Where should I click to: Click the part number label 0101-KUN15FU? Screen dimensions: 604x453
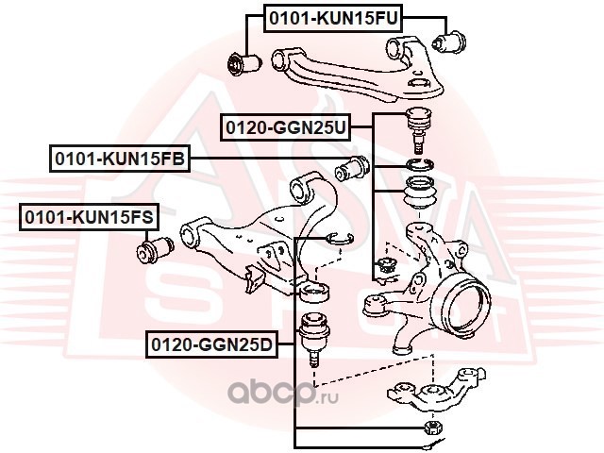click(333, 19)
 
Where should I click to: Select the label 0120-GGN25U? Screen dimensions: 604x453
click(286, 127)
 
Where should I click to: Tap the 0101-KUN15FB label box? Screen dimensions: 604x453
click(120, 159)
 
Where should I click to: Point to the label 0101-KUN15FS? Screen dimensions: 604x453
click(89, 217)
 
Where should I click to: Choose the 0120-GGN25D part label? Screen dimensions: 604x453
click(211, 344)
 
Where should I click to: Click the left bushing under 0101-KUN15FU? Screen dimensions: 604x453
click(244, 64)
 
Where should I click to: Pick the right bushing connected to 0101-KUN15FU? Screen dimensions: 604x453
click(449, 42)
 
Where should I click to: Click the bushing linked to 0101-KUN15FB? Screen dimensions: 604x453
click(352, 168)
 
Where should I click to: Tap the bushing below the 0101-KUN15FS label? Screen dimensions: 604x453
click(155, 250)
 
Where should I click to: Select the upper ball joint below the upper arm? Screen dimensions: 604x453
click(418, 129)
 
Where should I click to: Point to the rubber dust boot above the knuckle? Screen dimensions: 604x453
click(420, 193)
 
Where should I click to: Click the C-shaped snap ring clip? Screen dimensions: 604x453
click(339, 239)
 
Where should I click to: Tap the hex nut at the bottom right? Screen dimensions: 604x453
click(434, 428)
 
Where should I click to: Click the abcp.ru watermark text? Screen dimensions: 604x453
click(283, 393)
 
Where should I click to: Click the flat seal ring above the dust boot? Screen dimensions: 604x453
click(420, 164)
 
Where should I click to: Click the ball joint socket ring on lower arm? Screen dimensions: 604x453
click(314, 292)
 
